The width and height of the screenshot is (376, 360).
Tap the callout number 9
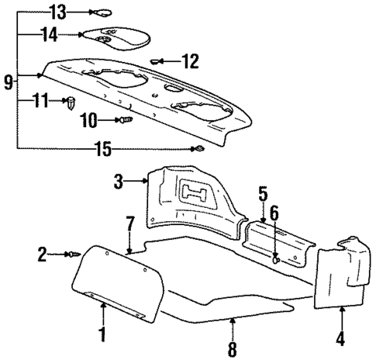click(x=8, y=79)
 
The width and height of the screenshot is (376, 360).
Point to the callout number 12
click(x=190, y=59)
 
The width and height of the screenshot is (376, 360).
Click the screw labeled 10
click(x=123, y=119)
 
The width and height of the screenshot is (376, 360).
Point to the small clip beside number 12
click(x=158, y=59)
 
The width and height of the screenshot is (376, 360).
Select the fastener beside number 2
click(x=74, y=254)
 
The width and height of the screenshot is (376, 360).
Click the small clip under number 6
click(x=277, y=262)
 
